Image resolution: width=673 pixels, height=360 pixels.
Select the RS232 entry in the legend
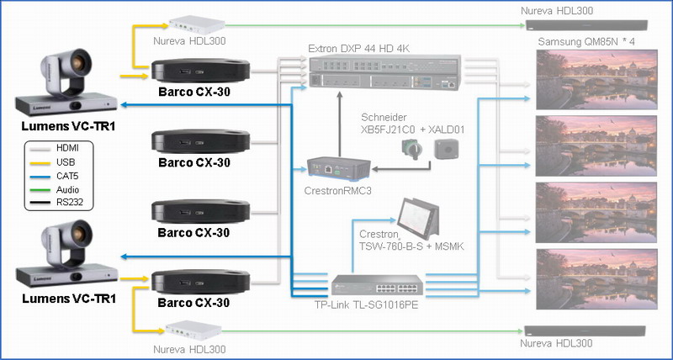click(x=59, y=202)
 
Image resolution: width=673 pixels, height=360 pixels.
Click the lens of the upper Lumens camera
click(x=80, y=61)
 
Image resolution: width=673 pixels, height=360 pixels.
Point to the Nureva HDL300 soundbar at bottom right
click(x=586, y=329)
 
